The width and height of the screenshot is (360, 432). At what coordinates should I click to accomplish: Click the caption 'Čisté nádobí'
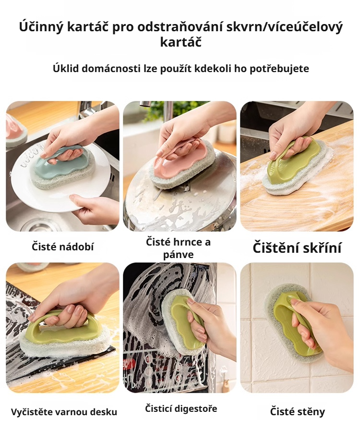pos(63,247)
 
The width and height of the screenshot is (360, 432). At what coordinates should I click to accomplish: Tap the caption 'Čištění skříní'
pos(297,248)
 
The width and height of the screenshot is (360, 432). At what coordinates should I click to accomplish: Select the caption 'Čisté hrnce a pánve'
pos(178,248)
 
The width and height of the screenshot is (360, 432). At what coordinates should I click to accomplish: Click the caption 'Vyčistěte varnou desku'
pos(64,412)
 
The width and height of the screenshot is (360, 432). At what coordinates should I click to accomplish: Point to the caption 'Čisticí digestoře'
pos(181,408)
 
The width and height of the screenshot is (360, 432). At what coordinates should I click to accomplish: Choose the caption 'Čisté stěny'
pos(297,411)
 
